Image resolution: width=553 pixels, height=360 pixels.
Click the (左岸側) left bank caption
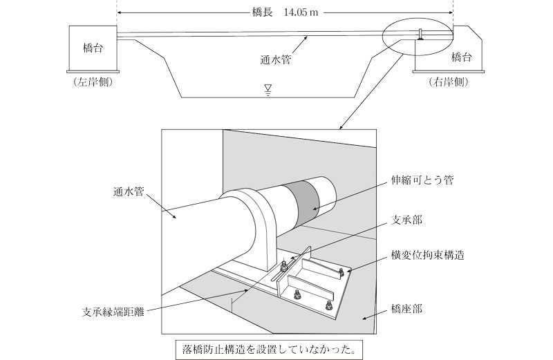coord(92,82)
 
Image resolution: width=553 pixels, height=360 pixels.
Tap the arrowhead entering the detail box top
coord(341,127)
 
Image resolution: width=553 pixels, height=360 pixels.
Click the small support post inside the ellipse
coord(420,34)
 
